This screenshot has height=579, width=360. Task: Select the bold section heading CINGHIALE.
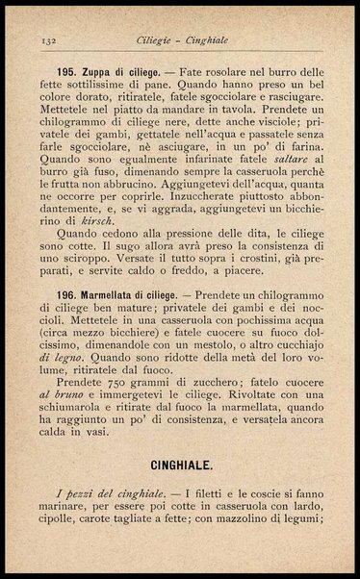(x=180, y=466)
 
